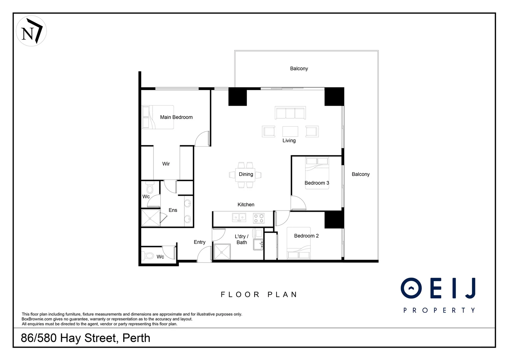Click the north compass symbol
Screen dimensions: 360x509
31,31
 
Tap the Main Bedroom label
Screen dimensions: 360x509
176,117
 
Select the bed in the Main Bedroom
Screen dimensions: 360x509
158,117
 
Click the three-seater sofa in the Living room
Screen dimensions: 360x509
290,113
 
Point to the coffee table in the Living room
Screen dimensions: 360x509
290,131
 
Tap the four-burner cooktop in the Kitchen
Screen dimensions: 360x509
259,218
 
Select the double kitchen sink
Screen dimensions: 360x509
239,218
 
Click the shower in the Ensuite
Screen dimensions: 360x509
150,218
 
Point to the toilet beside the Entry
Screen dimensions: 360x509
148,256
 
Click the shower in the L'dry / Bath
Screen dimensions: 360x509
222,252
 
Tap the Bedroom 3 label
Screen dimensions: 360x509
317,183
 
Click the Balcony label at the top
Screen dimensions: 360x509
299,69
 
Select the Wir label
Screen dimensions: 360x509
166,164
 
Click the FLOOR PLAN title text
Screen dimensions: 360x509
259,295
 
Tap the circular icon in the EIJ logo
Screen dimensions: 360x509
411,288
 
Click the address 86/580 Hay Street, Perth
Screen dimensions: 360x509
86,338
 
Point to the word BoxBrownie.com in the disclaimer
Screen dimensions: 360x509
37,319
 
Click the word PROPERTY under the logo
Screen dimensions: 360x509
439,310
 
